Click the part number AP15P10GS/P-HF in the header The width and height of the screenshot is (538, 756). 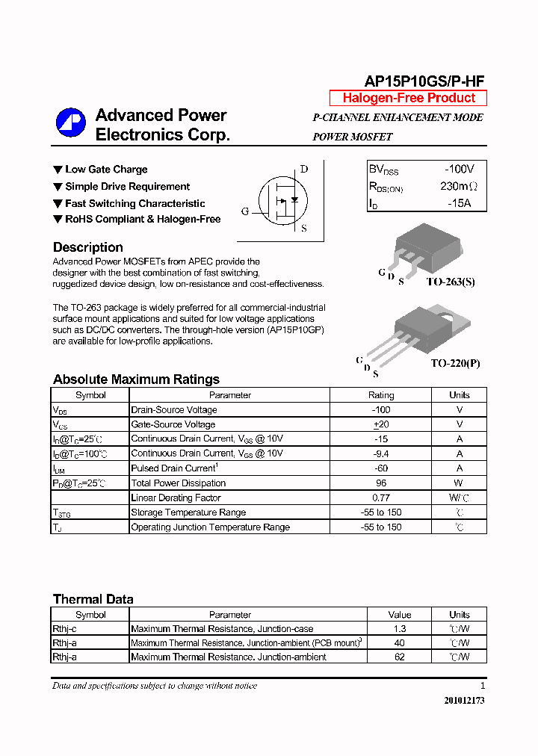pos(424,81)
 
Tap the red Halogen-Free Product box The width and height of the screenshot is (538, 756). pos(408,98)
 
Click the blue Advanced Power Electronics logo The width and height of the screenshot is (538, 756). pos(71,124)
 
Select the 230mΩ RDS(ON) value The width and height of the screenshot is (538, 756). pos(458,187)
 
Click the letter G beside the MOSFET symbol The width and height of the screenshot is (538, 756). pos(245,211)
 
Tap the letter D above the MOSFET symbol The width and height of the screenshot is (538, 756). pos(304,169)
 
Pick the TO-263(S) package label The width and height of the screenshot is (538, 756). pos(451,282)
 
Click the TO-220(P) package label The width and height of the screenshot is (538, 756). pos(455,363)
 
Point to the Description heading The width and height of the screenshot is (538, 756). pos(87,247)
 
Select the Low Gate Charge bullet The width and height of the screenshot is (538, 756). pos(105,170)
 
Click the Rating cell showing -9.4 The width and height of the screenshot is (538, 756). pos(380,453)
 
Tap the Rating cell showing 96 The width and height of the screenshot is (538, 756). pos(380,483)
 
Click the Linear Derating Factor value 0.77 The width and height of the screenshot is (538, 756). pos(380,498)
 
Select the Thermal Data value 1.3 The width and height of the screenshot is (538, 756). pos(400,629)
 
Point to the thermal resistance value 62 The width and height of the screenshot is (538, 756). pos(400,657)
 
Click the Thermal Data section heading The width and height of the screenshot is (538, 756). pos(93,599)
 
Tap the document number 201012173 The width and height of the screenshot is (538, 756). pos(464,701)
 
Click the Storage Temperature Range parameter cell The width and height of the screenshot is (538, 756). pos(188,512)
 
